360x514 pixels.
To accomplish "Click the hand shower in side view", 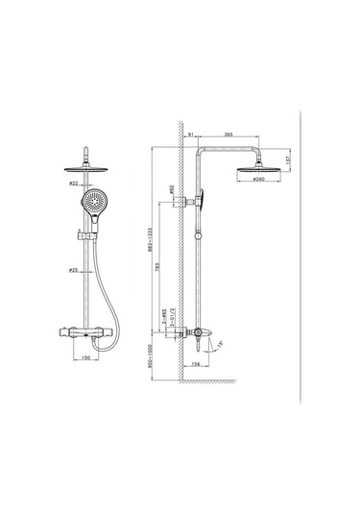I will pos(204,201).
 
